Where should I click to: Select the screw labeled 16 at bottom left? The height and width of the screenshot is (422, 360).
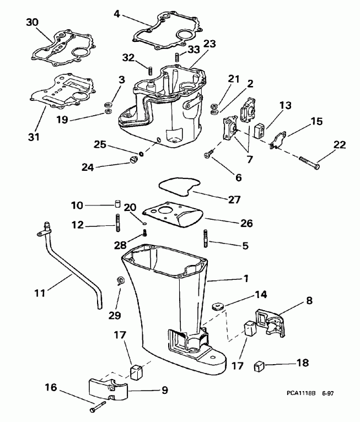point(97,408)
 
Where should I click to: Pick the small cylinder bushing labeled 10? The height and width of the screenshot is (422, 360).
point(117,205)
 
